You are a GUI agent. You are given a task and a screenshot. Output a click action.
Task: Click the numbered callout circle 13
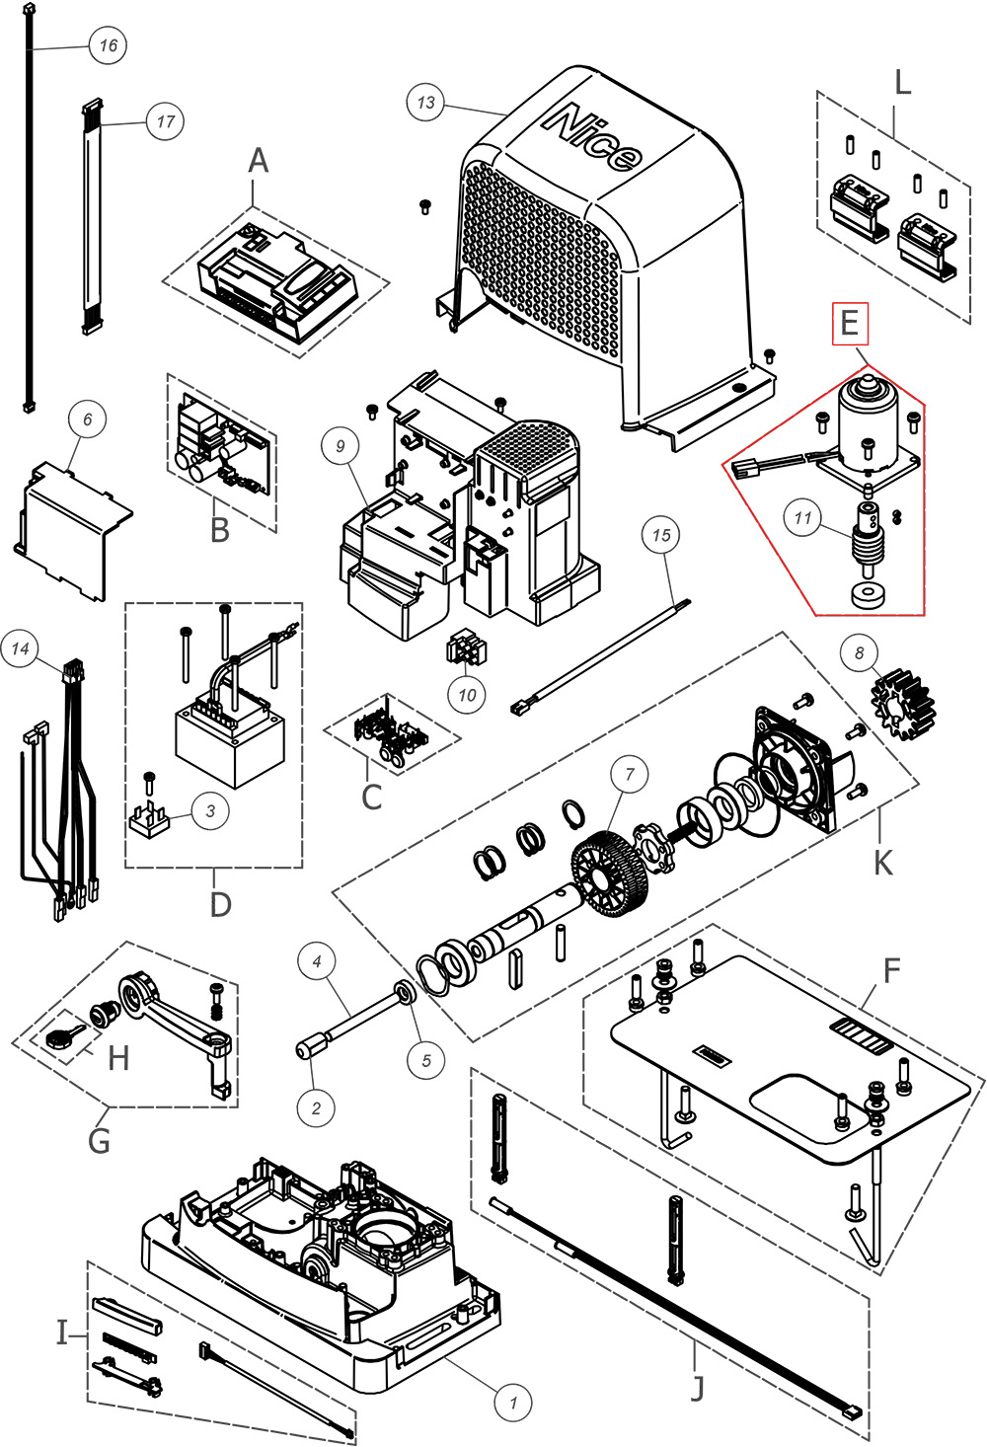coord(425,103)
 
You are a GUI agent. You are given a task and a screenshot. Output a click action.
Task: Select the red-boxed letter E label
coord(850,324)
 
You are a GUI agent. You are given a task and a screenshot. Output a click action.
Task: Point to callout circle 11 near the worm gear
coord(802,517)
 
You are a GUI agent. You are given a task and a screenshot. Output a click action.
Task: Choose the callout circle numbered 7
coord(630,774)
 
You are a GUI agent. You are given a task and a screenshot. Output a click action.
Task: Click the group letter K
coord(882,862)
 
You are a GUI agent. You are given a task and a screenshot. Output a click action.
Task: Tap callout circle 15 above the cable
coord(660,535)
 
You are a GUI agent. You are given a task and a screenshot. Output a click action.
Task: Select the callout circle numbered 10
coord(467,695)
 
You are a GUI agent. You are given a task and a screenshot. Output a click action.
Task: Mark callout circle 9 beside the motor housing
coord(341,446)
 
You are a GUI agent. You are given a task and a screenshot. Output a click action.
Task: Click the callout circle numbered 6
coord(87,419)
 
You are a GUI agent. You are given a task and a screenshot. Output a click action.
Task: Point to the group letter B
coord(220,530)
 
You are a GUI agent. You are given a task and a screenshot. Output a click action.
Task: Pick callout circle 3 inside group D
coord(210,811)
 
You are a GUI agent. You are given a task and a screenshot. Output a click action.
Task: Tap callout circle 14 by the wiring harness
coord(21,648)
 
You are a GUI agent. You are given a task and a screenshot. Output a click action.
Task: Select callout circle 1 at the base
coord(512,1401)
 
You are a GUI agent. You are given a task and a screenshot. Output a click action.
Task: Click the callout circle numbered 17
coord(165,121)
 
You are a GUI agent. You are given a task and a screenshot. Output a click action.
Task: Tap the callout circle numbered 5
coord(426,1060)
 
